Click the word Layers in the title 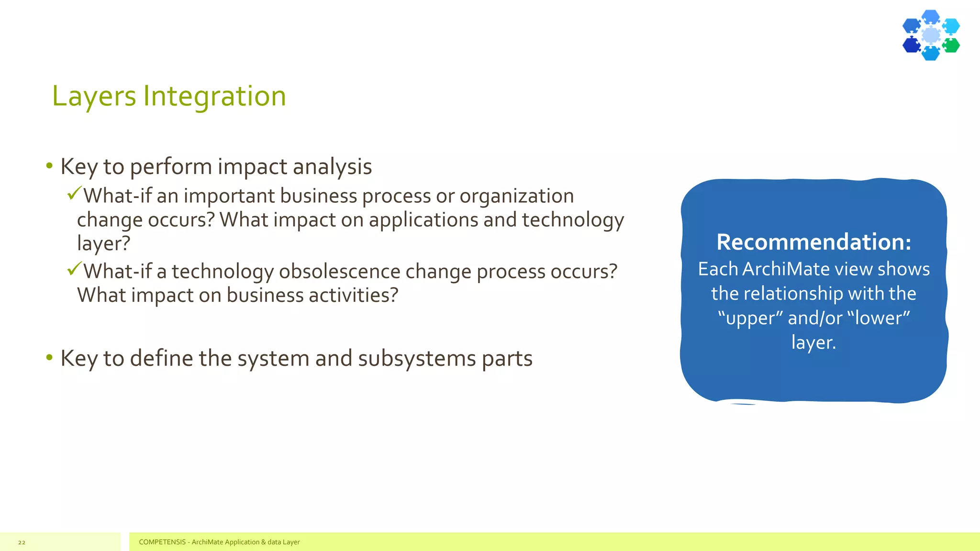(94, 97)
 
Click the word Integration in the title (214, 97)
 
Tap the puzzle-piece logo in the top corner (931, 35)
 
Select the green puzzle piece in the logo (951, 45)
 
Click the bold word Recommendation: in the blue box (813, 242)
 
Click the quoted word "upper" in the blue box (750, 318)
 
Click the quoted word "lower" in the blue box (879, 318)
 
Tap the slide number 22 (22, 542)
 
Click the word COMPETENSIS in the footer (162, 542)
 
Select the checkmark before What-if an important (74, 193)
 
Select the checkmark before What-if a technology (74, 269)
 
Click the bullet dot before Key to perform (49, 166)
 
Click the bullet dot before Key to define (49, 358)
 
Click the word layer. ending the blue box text (813, 342)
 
